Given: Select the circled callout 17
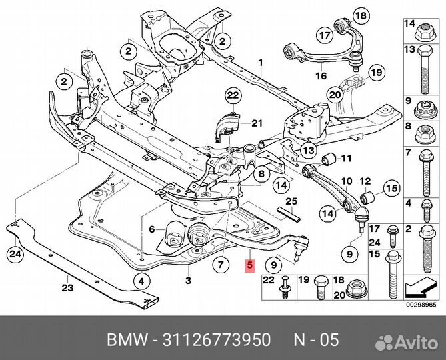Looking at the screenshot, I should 324,35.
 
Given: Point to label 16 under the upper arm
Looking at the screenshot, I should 321,77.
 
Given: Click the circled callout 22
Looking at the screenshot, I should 232,97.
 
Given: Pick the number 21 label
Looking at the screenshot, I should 257,123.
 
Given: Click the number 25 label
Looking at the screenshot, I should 291,201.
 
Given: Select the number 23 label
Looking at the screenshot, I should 67,289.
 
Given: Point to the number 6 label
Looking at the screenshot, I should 152,229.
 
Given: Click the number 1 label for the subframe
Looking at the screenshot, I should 262,63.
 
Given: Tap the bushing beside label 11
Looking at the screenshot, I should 327,159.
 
